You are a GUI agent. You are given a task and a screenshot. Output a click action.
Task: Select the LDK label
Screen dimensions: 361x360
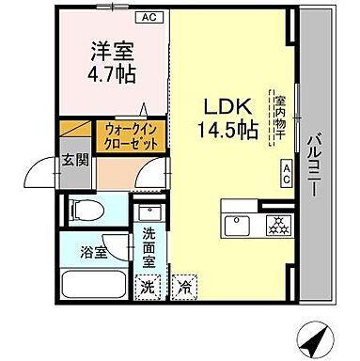221,106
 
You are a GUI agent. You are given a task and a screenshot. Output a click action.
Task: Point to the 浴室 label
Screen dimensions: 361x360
91,253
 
